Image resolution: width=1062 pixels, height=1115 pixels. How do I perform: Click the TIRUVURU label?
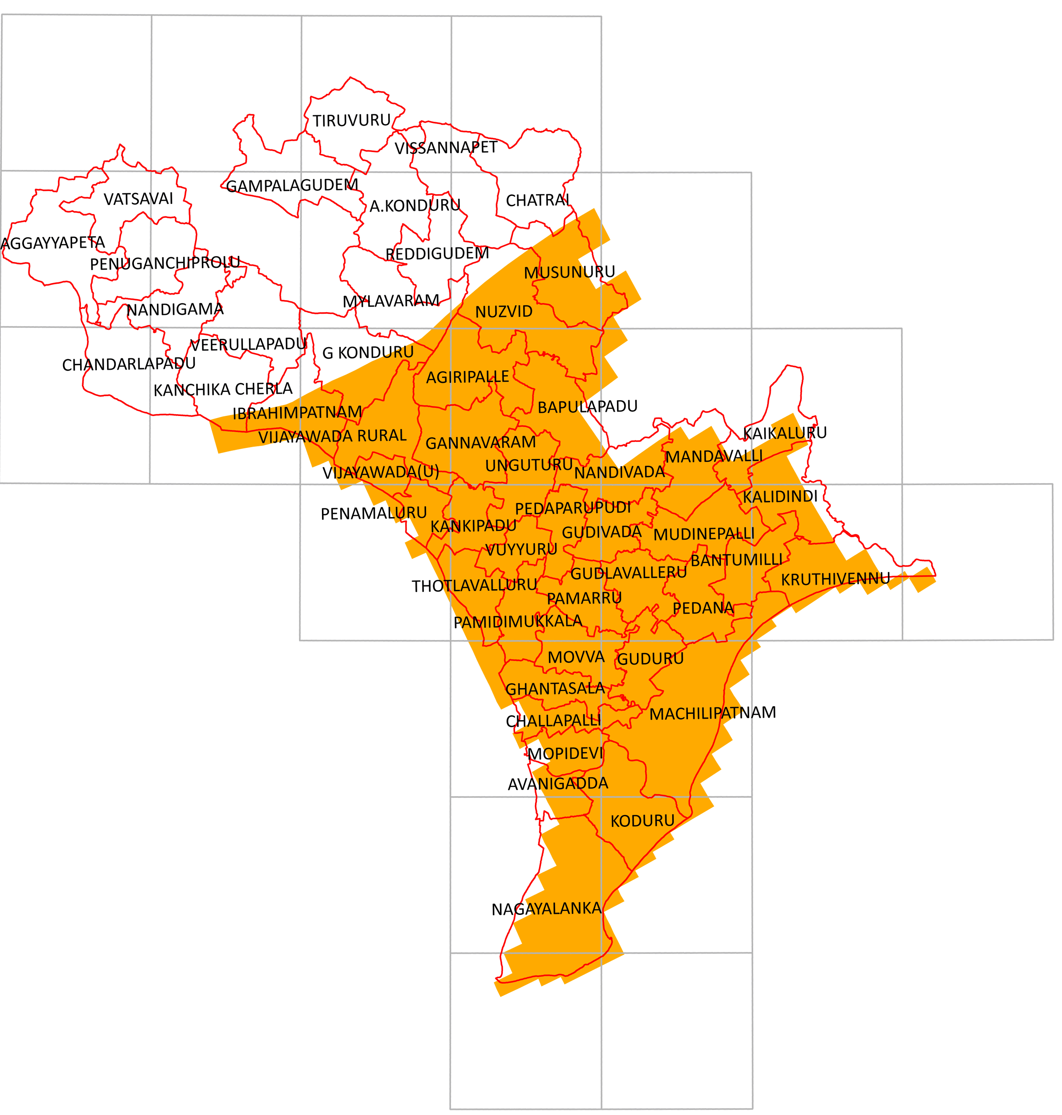[x=351, y=120]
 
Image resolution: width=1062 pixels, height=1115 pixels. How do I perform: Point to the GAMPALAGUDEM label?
[x=292, y=186]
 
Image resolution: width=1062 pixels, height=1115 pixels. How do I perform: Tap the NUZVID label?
[x=503, y=312]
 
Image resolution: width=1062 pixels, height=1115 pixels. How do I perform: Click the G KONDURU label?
[x=368, y=353]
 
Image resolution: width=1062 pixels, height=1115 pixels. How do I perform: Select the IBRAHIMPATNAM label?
[x=297, y=413]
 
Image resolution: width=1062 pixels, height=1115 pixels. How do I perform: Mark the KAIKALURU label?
[x=784, y=433]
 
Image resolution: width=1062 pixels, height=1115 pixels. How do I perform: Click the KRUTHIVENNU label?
[x=835, y=579]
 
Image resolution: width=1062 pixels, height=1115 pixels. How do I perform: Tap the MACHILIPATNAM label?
[x=712, y=713]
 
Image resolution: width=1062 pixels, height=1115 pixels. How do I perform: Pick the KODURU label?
[x=642, y=821]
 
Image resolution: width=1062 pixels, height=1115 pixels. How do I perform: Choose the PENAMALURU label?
[x=374, y=514]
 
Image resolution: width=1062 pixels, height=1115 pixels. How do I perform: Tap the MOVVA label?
[x=576, y=657]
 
